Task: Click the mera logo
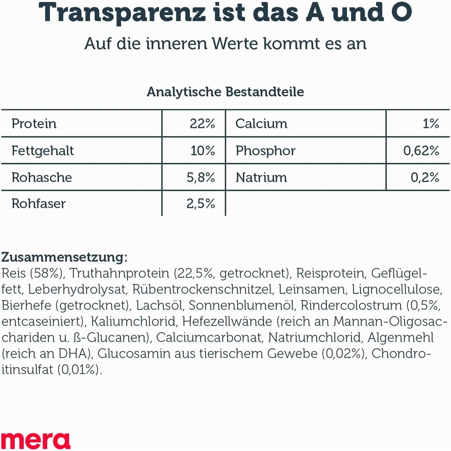click(x=35, y=441)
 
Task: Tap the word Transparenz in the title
click(x=122, y=13)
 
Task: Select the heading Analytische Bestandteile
click(x=225, y=92)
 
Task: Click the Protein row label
click(x=34, y=124)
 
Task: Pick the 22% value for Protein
click(x=202, y=124)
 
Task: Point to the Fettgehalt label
click(x=43, y=151)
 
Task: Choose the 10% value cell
click(x=203, y=151)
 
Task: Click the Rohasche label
click(x=42, y=178)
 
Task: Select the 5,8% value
click(x=201, y=178)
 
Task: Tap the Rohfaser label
click(x=39, y=204)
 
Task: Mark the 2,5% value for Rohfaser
click(x=201, y=204)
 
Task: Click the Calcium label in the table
click(x=261, y=124)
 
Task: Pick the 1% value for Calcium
click(x=431, y=124)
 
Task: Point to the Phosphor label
click(x=265, y=151)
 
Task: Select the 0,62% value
click(x=421, y=151)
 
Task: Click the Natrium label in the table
click(x=261, y=178)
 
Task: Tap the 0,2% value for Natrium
click(x=425, y=178)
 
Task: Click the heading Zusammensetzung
click(x=65, y=257)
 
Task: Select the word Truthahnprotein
click(x=119, y=274)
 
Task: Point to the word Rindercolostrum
click(x=351, y=306)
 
